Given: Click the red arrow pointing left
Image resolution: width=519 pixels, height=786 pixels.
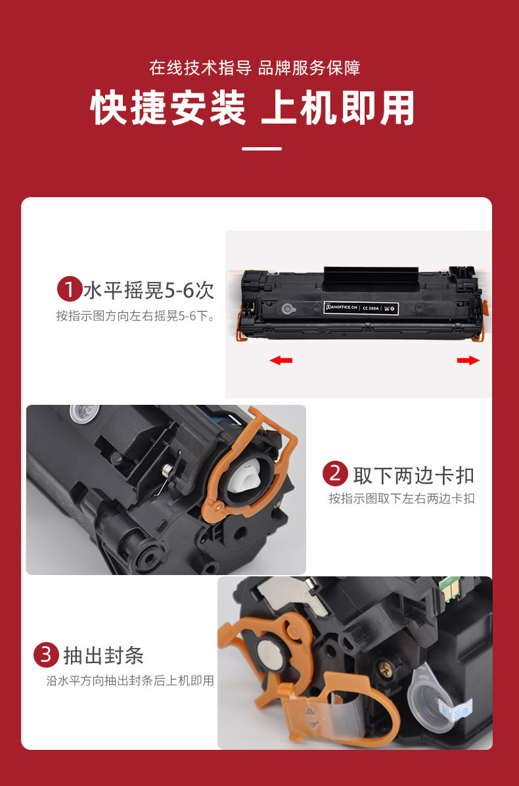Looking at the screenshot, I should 281,360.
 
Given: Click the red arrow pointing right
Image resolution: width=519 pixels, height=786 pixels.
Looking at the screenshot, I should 468,360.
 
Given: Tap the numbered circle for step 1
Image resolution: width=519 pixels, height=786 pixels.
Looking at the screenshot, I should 69,290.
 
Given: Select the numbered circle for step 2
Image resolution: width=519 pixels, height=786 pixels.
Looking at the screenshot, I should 335,474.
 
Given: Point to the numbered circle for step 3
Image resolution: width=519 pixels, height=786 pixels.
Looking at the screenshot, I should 45,655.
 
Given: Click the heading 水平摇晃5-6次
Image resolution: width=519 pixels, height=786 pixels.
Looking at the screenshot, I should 149,290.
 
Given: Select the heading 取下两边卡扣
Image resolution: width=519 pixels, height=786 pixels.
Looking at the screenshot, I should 413,474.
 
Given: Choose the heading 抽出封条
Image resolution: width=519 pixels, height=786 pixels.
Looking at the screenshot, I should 103,655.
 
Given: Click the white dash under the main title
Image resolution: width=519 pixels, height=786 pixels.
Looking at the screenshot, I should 261,149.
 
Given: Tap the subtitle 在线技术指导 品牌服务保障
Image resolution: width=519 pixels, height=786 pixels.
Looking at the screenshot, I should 255,68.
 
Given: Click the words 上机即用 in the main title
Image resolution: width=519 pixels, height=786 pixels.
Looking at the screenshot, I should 338,108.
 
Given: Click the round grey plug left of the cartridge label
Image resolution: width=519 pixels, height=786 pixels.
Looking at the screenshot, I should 286,309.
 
